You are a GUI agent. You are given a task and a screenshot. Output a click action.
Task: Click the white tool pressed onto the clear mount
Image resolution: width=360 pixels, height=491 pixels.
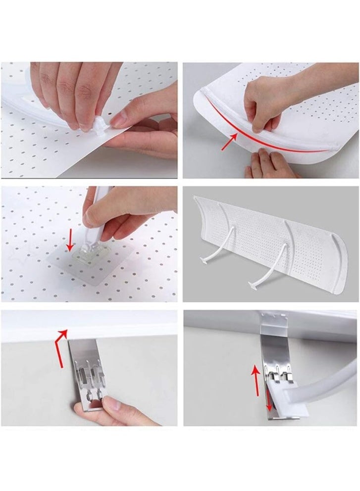click(x=102, y=223)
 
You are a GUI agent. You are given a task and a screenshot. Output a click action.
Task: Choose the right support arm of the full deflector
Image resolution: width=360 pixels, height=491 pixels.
click(x=277, y=262)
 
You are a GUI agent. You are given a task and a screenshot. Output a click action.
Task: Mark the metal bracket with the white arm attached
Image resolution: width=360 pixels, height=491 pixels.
click(x=275, y=356)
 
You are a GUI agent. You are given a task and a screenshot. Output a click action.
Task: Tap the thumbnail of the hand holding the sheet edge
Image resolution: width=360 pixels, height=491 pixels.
click(x=119, y=119)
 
